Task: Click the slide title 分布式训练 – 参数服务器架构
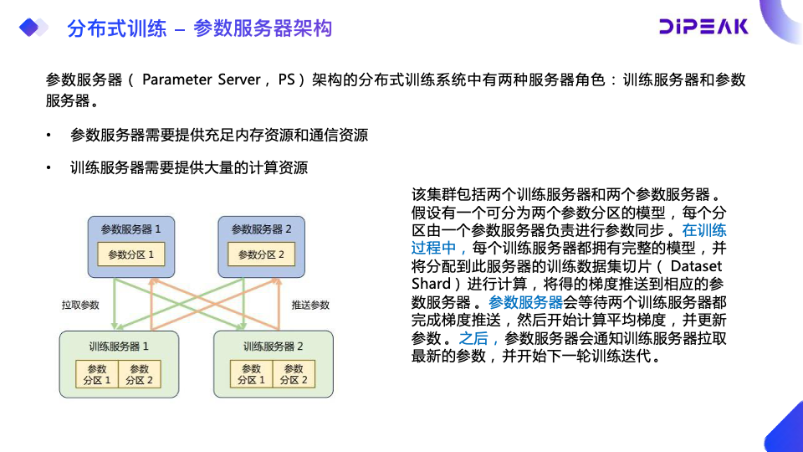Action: pyautogui.click(x=199, y=28)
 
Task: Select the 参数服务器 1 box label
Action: pyautogui.click(x=131, y=229)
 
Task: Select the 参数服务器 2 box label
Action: pyautogui.click(x=261, y=229)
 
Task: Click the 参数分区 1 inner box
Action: pyautogui.click(x=131, y=254)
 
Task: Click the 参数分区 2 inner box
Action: pyautogui.click(x=261, y=254)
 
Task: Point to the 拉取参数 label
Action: pyautogui.click(x=80, y=305)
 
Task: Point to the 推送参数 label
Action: pyautogui.click(x=311, y=305)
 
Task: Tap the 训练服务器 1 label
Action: pyautogui.click(x=119, y=346)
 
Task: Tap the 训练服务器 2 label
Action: pyautogui.click(x=273, y=346)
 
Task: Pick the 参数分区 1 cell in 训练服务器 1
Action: pyautogui.click(x=97, y=374)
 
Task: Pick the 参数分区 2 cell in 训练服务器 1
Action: pyautogui.click(x=140, y=374)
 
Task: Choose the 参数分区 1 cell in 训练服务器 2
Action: pyautogui.click(x=251, y=374)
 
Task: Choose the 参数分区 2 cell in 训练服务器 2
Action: pyautogui.click(x=294, y=374)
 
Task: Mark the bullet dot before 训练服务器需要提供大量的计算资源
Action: pyautogui.click(x=49, y=168)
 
